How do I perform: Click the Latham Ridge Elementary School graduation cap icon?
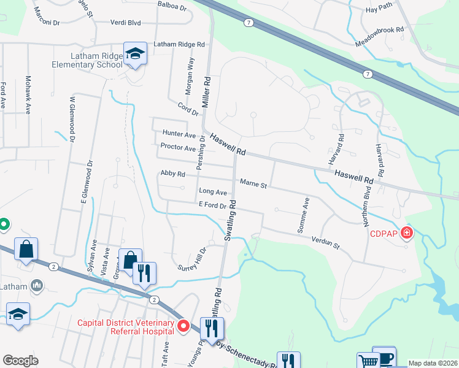[135, 54]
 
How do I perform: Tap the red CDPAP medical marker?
[406, 233]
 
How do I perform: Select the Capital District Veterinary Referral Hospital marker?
[183, 326]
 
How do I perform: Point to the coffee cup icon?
[385, 357]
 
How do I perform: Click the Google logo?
[21, 361]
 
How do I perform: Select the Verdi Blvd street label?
[126, 23]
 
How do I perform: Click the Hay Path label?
[378, 10]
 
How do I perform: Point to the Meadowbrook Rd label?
[380, 37]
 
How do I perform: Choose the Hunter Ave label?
[179, 134]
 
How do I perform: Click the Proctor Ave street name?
[177, 148]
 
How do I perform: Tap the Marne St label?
[253, 183]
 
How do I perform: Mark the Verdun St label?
[326, 243]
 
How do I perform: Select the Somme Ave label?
[303, 215]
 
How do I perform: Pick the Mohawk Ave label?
[28, 95]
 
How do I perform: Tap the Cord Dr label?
[189, 109]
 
